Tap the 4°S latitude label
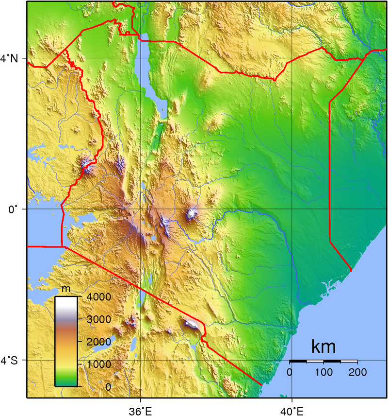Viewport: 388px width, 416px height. coord(10,361)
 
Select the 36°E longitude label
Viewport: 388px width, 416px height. coord(141,411)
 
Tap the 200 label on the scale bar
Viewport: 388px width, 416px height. coord(357,372)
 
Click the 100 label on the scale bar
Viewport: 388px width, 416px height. coord(323,372)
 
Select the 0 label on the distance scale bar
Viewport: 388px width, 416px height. coord(290,372)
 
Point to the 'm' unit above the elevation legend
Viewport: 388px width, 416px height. coord(66,290)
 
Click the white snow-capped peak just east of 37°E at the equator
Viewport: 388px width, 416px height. coord(193,213)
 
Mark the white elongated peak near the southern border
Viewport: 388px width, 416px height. coord(191,324)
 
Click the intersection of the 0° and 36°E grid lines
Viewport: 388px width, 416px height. coord(141,209)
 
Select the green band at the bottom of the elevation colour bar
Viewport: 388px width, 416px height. coord(66,379)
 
